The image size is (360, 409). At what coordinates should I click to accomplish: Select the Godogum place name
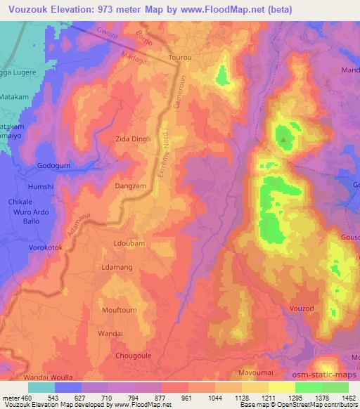click(54, 166)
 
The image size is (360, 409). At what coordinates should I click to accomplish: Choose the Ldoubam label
click(128, 243)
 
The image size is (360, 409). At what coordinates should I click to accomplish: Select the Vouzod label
click(304, 309)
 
